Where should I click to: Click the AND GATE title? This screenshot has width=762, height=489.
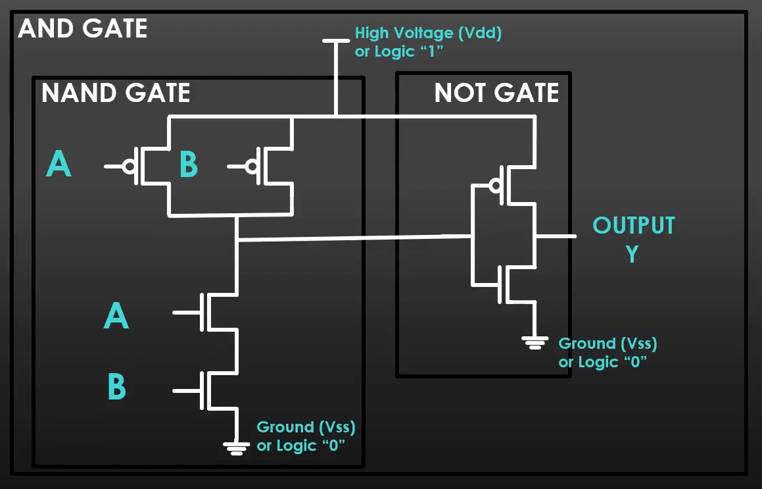pyautogui.click(x=83, y=29)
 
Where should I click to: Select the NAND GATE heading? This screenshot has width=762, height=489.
pyautogui.click(x=116, y=93)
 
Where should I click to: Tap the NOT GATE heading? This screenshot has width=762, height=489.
pyautogui.click(x=496, y=93)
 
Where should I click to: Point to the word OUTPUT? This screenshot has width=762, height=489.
pyautogui.click(x=633, y=226)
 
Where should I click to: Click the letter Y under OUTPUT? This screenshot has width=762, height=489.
pyautogui.click(x=632, y=253)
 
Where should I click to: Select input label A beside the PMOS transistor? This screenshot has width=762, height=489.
pyautogui.click(x=59, y=165)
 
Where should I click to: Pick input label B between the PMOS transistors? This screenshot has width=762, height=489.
pyautogui.click(x=188, y=165)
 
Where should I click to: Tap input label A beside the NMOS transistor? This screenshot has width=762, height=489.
pyautogui.click(x=116, y=317)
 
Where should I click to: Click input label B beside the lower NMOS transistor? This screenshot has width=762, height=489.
pyautogui.click(x=116, y=388)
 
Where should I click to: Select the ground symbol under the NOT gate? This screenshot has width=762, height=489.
pyautogui.click(x=535, y=342)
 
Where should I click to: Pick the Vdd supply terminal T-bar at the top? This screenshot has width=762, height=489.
pyautogui.click(x=336, y=41)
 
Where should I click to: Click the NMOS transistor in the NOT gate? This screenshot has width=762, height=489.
pyautogui.click(x=510, y=284)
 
